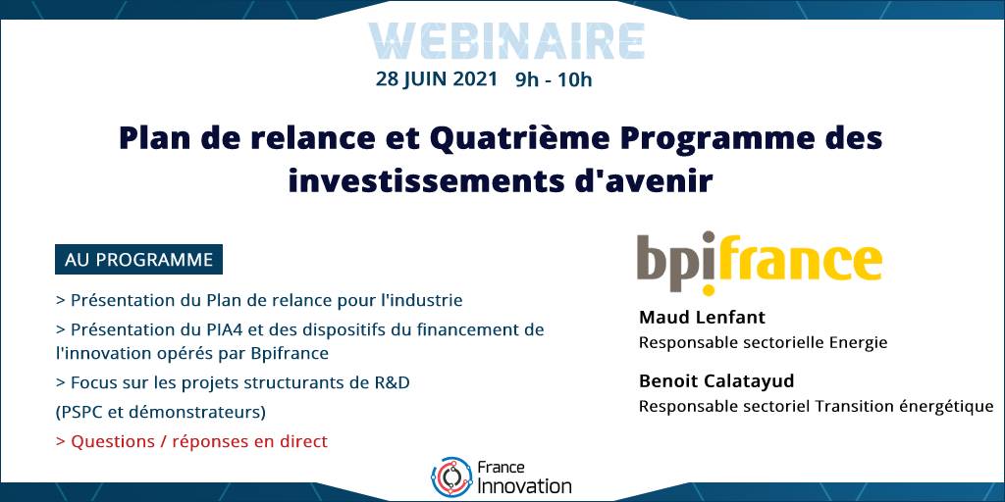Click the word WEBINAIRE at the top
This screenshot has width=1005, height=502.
[506, 41]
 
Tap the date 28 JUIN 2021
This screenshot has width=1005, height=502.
[437, 79]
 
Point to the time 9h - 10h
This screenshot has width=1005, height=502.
[554, 80]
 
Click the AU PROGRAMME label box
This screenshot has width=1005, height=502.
[138, 259]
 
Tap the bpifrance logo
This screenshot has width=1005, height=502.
[759, 263]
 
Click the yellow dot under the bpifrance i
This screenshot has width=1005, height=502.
[708, 289]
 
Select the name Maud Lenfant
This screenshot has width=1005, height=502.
[702, 318]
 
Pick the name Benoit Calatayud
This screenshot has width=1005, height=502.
[716, 381]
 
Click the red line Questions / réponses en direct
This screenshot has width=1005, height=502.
[191, 442]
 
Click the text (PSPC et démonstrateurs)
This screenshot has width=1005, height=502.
[160, 413]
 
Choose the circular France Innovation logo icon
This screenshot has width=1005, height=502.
[451, 477]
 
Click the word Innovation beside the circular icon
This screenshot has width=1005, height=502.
[524, 486]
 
